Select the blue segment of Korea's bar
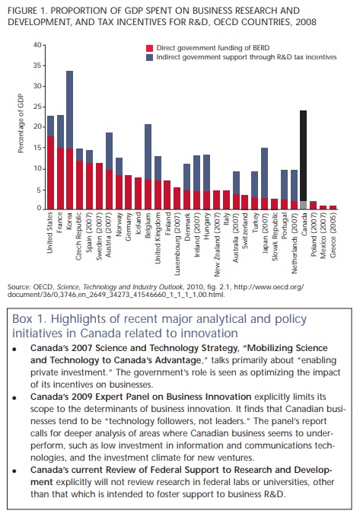pos(69,110)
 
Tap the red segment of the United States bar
pos(50,173)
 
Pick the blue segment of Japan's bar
pos(264,173)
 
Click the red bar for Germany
pos(128,193)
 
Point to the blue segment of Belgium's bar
pos(148,152)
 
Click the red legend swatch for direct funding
pos(149,49)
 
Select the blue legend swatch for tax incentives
pos(149,57)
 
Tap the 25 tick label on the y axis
pos(37,107)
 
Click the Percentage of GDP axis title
pos(21,123)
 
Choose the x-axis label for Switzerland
pos(245,230)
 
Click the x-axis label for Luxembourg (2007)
pos(177,244)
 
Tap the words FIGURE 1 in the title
pos(27,11)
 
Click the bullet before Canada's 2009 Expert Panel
pos(14,398)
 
